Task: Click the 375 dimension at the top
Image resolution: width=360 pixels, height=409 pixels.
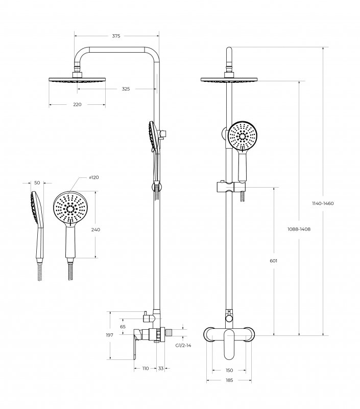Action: [116, 36]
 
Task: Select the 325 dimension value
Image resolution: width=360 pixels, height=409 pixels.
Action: [126, 89]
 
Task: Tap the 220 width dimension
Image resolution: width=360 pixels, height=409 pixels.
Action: [77, 104]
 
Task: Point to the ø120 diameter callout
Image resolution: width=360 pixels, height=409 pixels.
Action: [94, 177]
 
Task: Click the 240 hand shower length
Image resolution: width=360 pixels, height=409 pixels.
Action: [95, 230]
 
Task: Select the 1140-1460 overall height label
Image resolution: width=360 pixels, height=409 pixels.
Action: [323, 203]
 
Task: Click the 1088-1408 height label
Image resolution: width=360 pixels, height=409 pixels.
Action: [299, 229]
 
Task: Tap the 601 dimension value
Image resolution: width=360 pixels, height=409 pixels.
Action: [274, 261]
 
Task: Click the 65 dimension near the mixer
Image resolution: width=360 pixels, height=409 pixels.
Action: [123, 326]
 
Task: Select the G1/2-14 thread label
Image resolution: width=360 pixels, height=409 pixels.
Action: [183, 346]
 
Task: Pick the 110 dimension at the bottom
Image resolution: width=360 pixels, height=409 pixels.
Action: [145, 368]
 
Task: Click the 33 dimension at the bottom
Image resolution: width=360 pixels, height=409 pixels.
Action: [161, 368]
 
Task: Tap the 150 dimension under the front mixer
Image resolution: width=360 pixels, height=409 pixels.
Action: [229, 370]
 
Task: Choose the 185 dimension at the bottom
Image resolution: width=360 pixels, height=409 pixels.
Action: [229, 380]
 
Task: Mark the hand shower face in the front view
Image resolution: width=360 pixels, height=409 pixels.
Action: [243, 137]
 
